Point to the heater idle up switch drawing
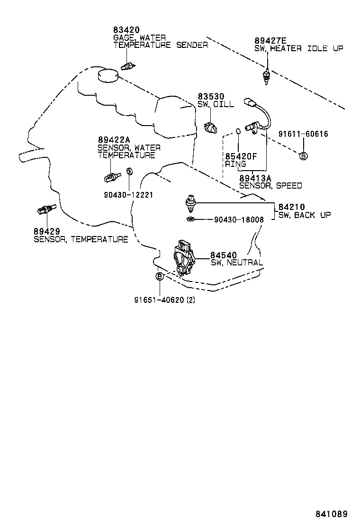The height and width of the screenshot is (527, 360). pyautogui.click(x=267, y=76)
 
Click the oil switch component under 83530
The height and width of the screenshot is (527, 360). pyautogui.click(x=210, y=127)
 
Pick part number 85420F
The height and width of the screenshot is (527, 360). pyautogui.click(x=241, y=156)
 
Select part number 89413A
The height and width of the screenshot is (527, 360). pyautogui.click(x=255, y=178)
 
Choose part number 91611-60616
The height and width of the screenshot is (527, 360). pyautogui.click(x=303, y=134)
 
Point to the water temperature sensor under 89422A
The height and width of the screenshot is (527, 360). pyautogui.click(x=111, y=177)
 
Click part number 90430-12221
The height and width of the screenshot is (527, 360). pyautogui.click(x=128, y=194)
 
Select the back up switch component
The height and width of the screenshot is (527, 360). pyautogui.click(x=191, y=203)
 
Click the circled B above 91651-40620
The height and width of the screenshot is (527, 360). pyautogui.click(x=160, y=276)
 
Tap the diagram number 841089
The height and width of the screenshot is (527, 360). pyautogui.click(x=332, y=514)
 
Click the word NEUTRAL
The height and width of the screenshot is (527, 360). pyautogui.click(x=245, y=263)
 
